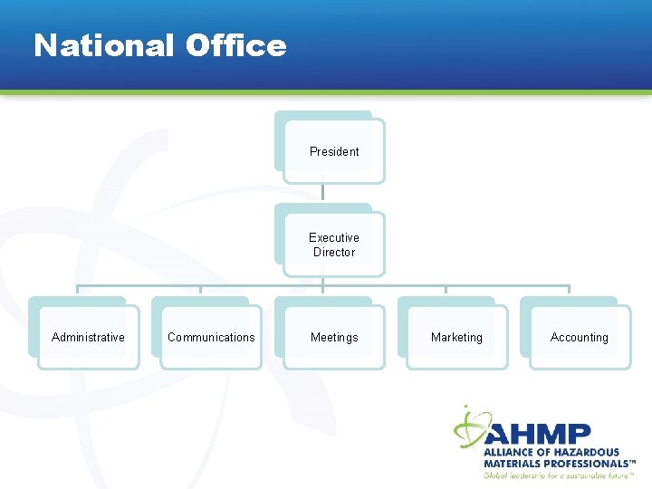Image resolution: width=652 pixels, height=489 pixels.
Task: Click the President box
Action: pyautogui.click(x=333, y=151)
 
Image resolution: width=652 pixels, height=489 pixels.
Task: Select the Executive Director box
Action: pyautogui.click(x=333, y=244)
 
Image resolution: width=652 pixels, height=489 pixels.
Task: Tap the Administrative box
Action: pyautogui.click(x=88, y=337)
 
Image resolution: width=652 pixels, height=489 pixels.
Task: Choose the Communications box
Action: pyautogui.click(x=211, y=337)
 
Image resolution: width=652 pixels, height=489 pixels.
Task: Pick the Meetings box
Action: pyautogui.click(x=333, y=337)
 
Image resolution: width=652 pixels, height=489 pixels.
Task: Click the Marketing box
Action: pyautogui.click(x=456, y=337)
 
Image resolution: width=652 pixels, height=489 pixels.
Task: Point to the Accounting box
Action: pyautogui.click(x=579, y=337)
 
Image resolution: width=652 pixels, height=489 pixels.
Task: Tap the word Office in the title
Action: pyautogui.click(x=235, y=45)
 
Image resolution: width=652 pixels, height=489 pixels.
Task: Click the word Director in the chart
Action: pyautogui.click(x=334, y=253)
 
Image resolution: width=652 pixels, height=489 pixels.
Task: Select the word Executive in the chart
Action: pyautogui.click(x=334, y=238)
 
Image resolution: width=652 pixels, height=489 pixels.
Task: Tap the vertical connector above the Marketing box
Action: pyautogui.click(x=446, y=292)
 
